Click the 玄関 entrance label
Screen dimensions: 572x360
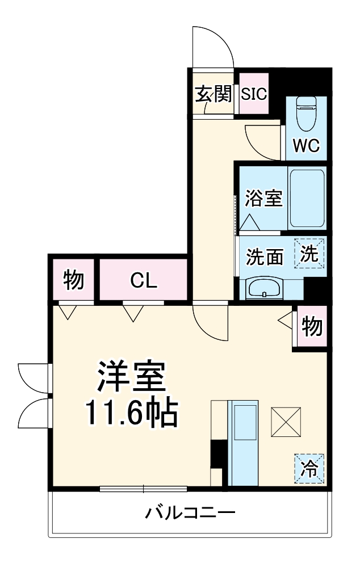click(214, 94)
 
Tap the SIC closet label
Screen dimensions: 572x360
click(253, 94)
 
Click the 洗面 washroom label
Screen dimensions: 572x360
click(264, 256)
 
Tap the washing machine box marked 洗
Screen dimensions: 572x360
click(309, 253)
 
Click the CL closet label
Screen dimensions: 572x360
click(143, 280)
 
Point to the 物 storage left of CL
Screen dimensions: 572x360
click(73, 280)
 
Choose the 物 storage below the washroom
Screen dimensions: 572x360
click(312, 326)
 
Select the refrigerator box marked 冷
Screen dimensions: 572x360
click(309, 469)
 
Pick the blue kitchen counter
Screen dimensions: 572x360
click(242, 441)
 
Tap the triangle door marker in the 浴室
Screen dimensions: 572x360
click(249, 222)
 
